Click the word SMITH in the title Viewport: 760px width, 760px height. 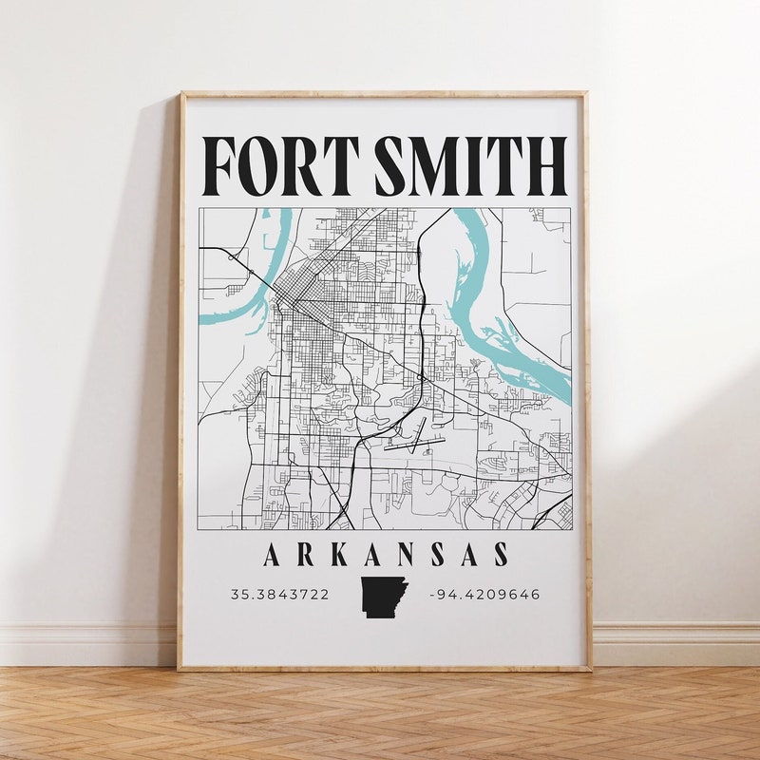click(471, 166)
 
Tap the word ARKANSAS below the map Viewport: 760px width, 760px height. click(386, 555)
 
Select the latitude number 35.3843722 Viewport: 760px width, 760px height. click(279, 595)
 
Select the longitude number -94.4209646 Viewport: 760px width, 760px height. click(484, 595)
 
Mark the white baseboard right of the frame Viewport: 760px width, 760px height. click(674, 644)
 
